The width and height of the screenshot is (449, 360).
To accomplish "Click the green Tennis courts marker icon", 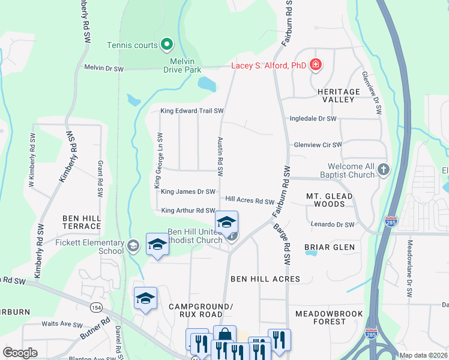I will point(167,44).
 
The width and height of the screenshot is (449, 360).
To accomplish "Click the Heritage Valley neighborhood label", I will point(339,96).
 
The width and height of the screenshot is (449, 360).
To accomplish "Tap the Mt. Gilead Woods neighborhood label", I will point(326,200).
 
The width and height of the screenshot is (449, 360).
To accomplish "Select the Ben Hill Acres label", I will point(265,279).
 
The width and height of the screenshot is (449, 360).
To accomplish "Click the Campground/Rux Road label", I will point(195,310).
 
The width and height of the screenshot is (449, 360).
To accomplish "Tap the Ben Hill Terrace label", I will point(80,221).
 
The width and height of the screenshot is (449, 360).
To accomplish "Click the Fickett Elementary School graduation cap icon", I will point(133,245).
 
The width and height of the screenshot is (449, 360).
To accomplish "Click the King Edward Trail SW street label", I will point(192,111).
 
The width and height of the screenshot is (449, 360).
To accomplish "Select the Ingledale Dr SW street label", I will point(313,119).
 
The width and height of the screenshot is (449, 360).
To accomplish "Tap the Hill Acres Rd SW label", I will point(250,200).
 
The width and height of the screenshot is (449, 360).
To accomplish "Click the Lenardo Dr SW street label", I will point(333,224).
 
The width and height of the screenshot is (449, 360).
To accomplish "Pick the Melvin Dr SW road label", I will point(104,69).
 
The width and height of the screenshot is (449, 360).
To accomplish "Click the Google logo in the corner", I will point(20,353).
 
